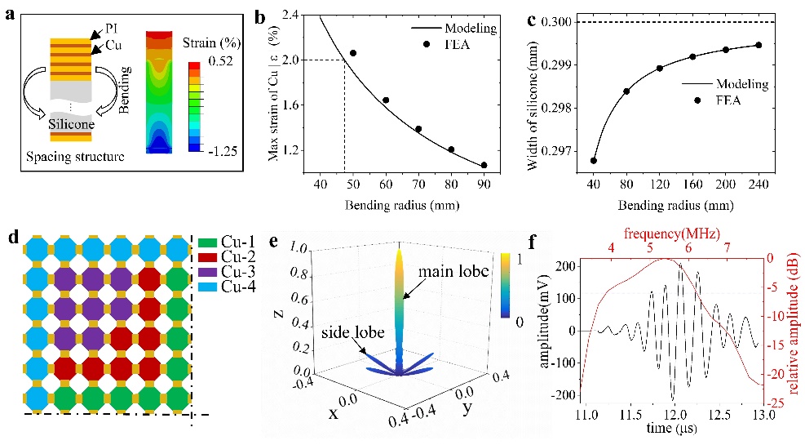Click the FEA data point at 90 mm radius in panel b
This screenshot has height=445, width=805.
(484, 165)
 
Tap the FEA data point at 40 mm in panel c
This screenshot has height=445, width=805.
(593, 160)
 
